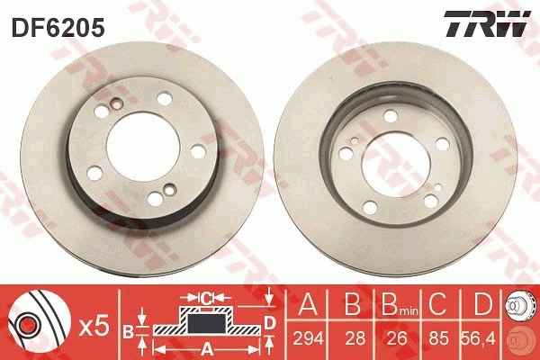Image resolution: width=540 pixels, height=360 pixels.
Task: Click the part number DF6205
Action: tap(58, 28)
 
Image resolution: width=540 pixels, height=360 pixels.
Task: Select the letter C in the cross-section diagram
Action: tap(205, 296)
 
